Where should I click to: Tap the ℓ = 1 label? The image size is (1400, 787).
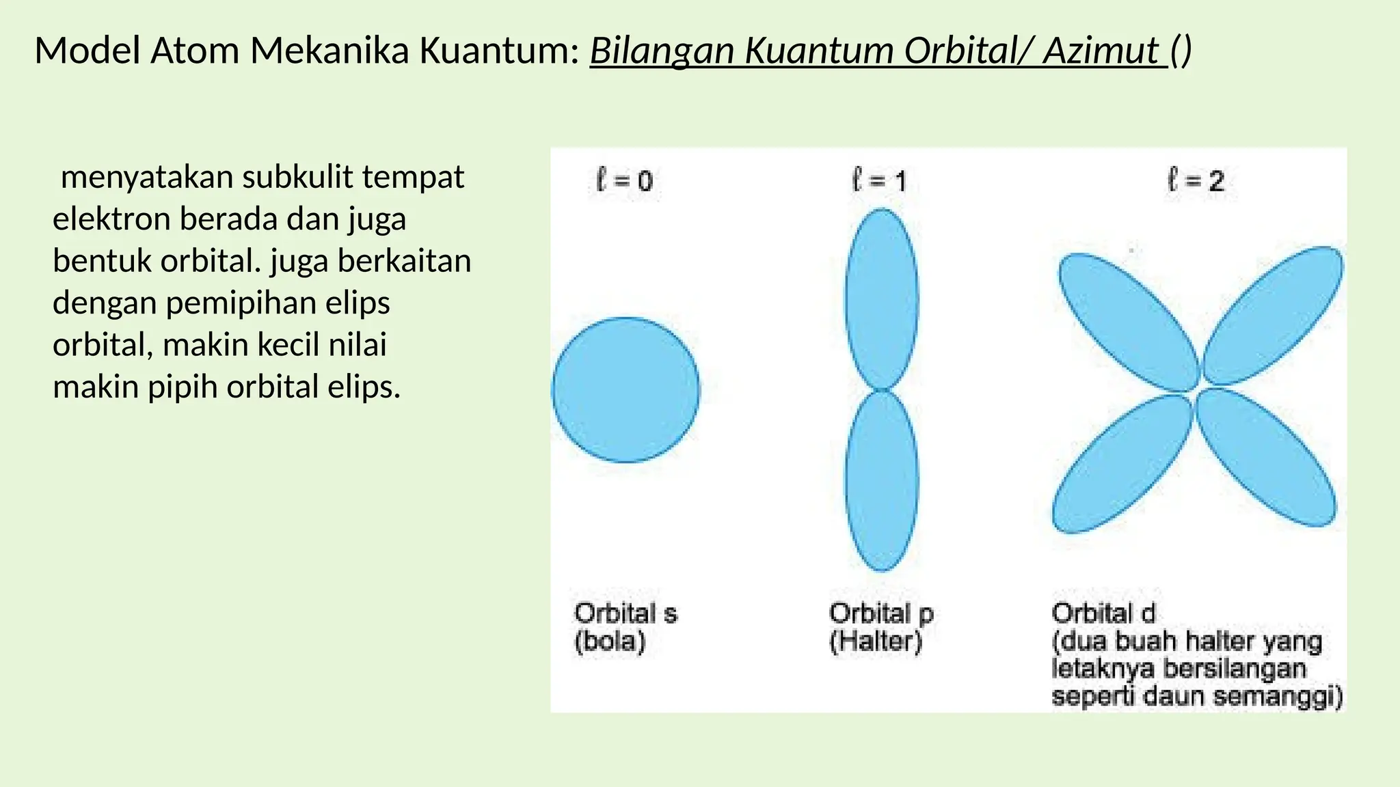(879, 181)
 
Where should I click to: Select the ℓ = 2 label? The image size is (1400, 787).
(1196, 181)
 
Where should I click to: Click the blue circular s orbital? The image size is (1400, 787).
(625, 390)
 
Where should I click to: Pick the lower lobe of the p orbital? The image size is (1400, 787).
(882, 481)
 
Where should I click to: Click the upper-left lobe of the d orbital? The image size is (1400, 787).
(1128, 321)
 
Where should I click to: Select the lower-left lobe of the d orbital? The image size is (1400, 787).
(1121, 465)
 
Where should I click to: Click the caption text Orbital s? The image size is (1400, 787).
(625, 613)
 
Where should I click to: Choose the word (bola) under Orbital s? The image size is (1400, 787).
(610, 641)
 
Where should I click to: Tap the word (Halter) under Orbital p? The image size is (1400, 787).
(876, 641)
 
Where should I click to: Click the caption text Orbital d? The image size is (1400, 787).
(1103, 613)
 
